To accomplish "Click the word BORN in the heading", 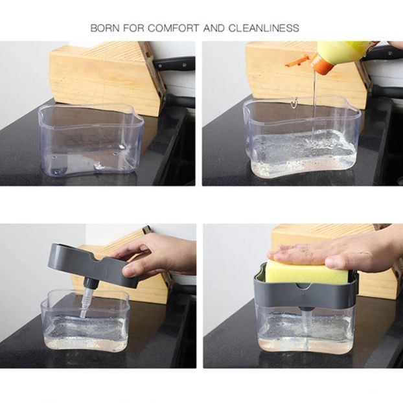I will (x=104, y=29).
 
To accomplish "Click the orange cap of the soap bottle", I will (x=320, y=63).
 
